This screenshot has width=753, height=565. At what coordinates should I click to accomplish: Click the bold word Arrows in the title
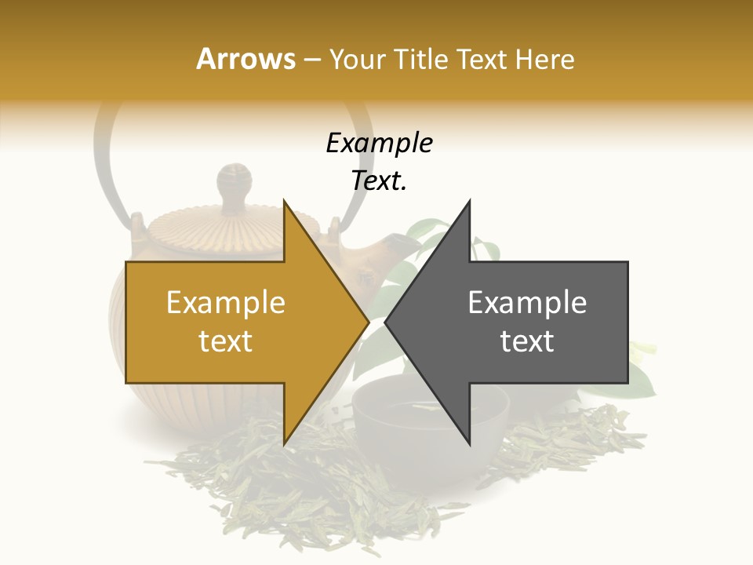[246, 59]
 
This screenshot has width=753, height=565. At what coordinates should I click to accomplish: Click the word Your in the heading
[357, 59]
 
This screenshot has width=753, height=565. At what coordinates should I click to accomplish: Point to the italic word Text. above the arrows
[379, 180]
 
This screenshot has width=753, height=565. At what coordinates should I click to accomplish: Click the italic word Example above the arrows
[379, 144]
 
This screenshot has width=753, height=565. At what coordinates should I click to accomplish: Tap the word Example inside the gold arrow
[226, 303]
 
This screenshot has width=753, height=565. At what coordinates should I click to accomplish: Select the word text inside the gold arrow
[226, 341]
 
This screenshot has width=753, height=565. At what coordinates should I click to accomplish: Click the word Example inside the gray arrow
[527, 303]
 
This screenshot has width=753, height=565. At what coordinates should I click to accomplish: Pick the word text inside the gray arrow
[527, 341]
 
